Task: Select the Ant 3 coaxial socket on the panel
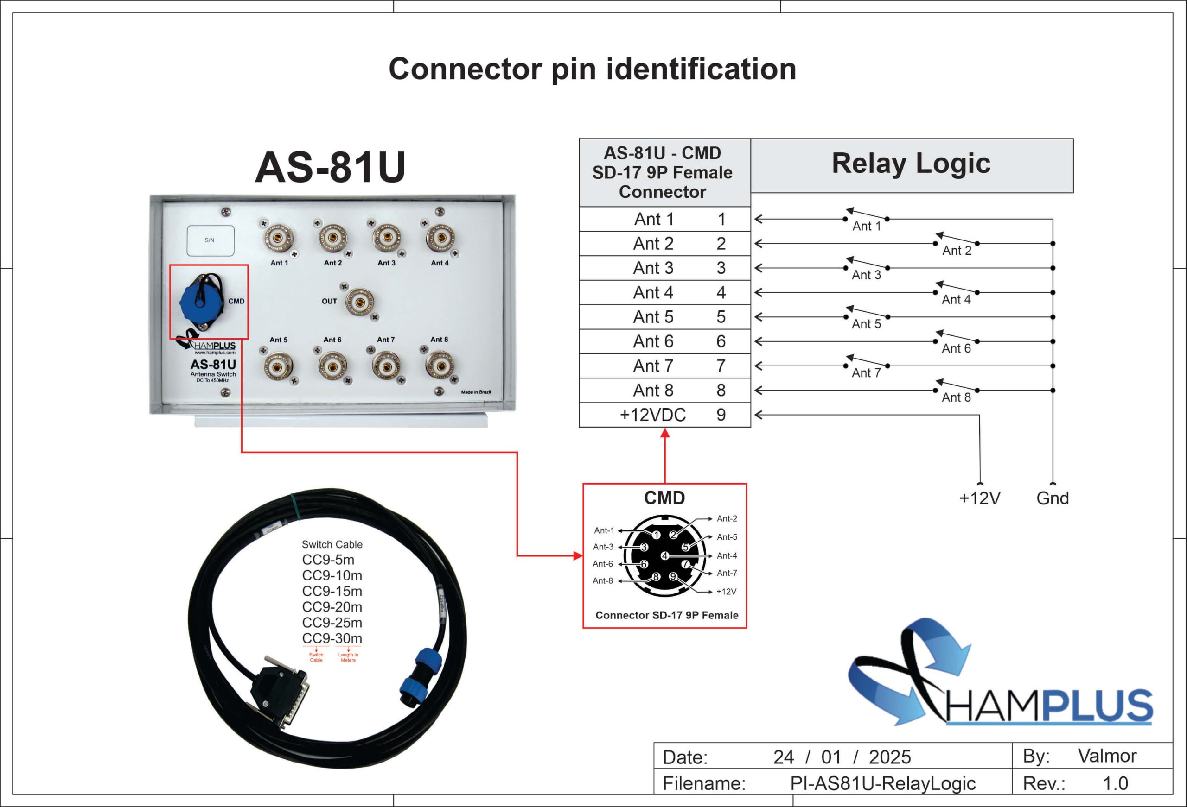387,238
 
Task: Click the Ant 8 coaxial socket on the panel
440,365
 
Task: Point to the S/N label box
211,240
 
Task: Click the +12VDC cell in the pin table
652,415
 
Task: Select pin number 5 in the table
721,317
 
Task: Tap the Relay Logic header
911,164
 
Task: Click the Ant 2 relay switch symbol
956,240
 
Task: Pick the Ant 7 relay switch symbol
866,362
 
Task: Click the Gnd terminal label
1052,498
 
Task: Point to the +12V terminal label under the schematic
980,498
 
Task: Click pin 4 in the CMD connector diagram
664,556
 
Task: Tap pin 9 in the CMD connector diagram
673,576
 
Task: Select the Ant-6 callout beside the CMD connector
603,564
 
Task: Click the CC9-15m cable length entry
332,591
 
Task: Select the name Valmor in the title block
1107,756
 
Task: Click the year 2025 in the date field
890,757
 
